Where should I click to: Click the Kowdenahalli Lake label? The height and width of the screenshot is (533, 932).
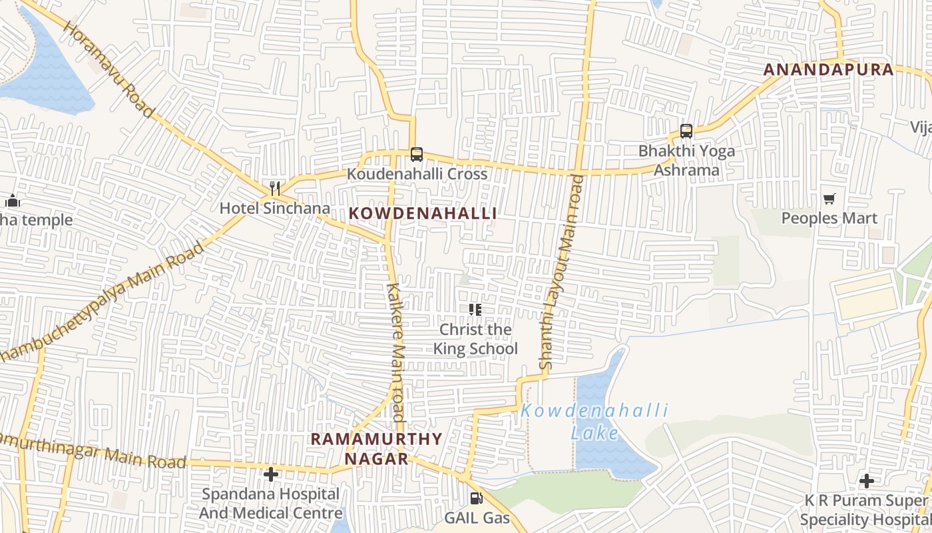pos(594,422)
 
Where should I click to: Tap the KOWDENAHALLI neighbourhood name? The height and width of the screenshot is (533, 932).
pos(423,213)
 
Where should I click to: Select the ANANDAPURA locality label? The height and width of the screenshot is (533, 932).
pos(828,69)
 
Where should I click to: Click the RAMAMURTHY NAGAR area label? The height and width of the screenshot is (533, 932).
pos(377,448)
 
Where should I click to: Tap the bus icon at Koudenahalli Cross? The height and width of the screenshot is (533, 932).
pos(417,155)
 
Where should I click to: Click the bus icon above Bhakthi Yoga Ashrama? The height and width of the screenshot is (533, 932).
pos(686,131)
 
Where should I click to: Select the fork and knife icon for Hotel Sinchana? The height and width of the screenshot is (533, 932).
pos(275,189)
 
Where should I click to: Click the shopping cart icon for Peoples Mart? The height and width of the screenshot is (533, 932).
pos(829,199)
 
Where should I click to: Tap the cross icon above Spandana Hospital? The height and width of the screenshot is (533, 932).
pos(271,474)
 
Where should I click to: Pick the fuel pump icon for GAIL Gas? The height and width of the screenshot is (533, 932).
pos(477,498)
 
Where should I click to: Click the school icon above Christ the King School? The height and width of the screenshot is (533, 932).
pos(475,309)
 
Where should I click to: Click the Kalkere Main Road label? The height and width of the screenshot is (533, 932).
pos(395,356)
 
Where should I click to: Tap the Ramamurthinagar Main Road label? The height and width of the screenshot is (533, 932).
pos(93,452)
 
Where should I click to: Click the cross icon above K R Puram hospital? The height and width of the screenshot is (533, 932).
pos(867,480)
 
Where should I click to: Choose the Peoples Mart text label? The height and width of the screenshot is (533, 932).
pos(829,219)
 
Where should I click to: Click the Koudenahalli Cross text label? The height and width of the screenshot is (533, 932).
pos(417,174)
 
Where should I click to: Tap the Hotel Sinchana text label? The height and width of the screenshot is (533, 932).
pos(275,208)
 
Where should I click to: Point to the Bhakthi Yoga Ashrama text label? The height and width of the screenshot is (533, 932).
pos(686,161)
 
